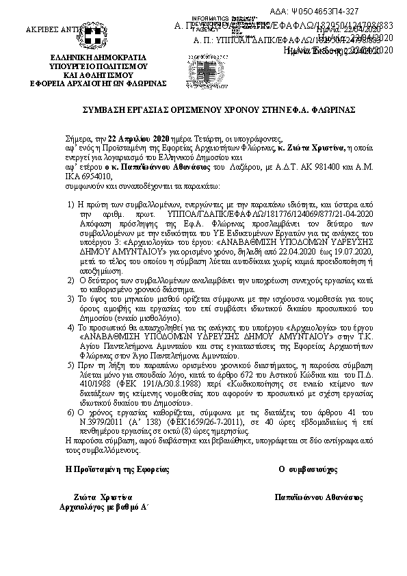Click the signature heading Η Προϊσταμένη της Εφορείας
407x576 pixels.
tap(116, 471)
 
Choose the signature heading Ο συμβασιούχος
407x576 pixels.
tap(308, 471)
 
